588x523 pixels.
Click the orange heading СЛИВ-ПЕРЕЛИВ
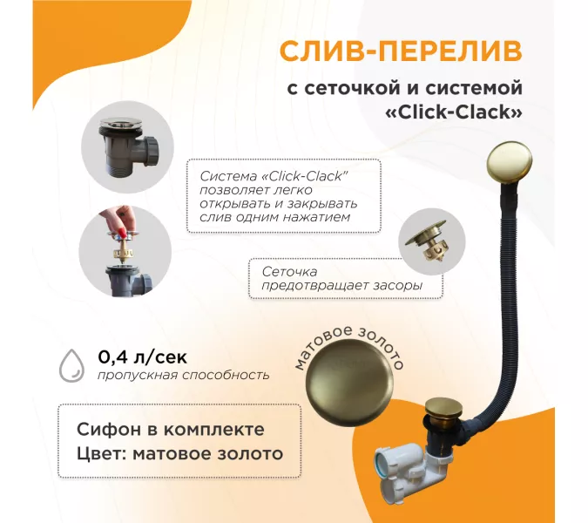(x=401, y=51)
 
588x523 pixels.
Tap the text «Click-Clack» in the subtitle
(x=454, y=112)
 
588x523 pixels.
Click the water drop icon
(x=71, y=366)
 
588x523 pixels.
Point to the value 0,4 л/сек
(x=143, y=357)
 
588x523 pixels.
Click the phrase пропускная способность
(x=184, y=375)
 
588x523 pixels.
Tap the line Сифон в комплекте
(x=171, y=430)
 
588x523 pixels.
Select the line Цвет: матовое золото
(x=180, y=454)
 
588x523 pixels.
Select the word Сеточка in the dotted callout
(x=289, y=271)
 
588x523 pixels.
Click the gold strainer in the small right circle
(x=430, y=240)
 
